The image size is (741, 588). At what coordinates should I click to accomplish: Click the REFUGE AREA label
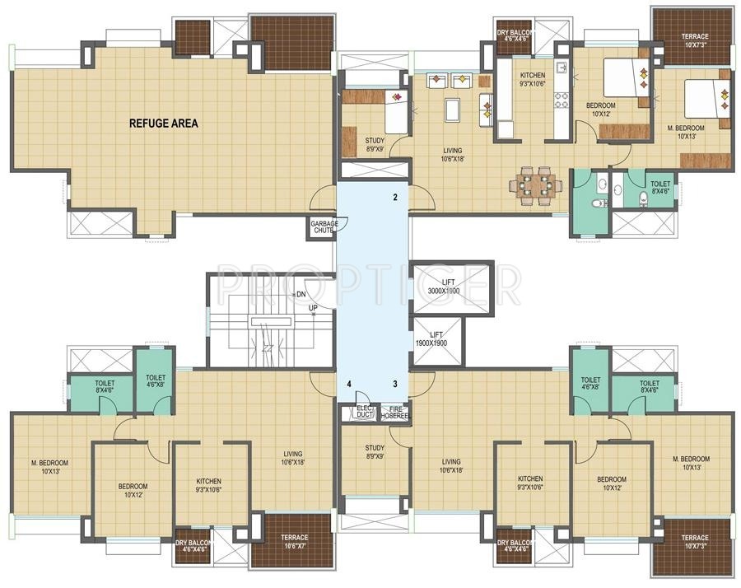pyautogui.click(x=163, y=124)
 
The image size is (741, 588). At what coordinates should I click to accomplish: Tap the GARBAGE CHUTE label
pyautogui.click(x=322, y=226)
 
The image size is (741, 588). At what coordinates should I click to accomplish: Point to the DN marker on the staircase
pyautogui.click(x=301, y=294)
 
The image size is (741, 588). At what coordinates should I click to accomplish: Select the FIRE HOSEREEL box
pyautogui.click(x=394, y=412)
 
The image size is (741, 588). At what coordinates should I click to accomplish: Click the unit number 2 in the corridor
pyautogui.click(x=395, y=198)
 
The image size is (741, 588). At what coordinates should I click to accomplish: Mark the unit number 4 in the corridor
pyautogui.click(x=349, y=384)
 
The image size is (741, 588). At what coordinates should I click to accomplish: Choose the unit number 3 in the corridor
pyautogui.click(x=395, y=384)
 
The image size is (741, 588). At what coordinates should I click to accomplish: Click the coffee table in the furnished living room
pyautogui.click(x=452, y=110)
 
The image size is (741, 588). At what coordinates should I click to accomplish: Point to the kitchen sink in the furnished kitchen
pyautogui.click(x=560, y=68)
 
